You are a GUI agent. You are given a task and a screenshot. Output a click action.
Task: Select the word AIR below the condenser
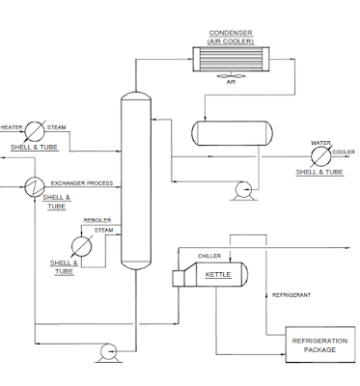[x=231, y=83]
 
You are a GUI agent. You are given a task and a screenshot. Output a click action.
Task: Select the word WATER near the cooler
[x=320, y=143]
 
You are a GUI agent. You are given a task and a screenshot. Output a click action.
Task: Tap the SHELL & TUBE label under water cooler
[x=318, y=172]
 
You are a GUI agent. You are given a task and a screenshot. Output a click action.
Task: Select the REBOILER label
[x=97, y=220]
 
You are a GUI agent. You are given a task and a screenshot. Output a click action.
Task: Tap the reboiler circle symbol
[x=83, y=245]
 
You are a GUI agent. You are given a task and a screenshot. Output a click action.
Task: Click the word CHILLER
[x=209, y=256]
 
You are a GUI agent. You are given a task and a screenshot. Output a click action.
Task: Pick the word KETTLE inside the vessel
[x=219, y=275]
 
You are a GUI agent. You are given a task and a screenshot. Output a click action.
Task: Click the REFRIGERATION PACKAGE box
[x=314, y=345]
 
